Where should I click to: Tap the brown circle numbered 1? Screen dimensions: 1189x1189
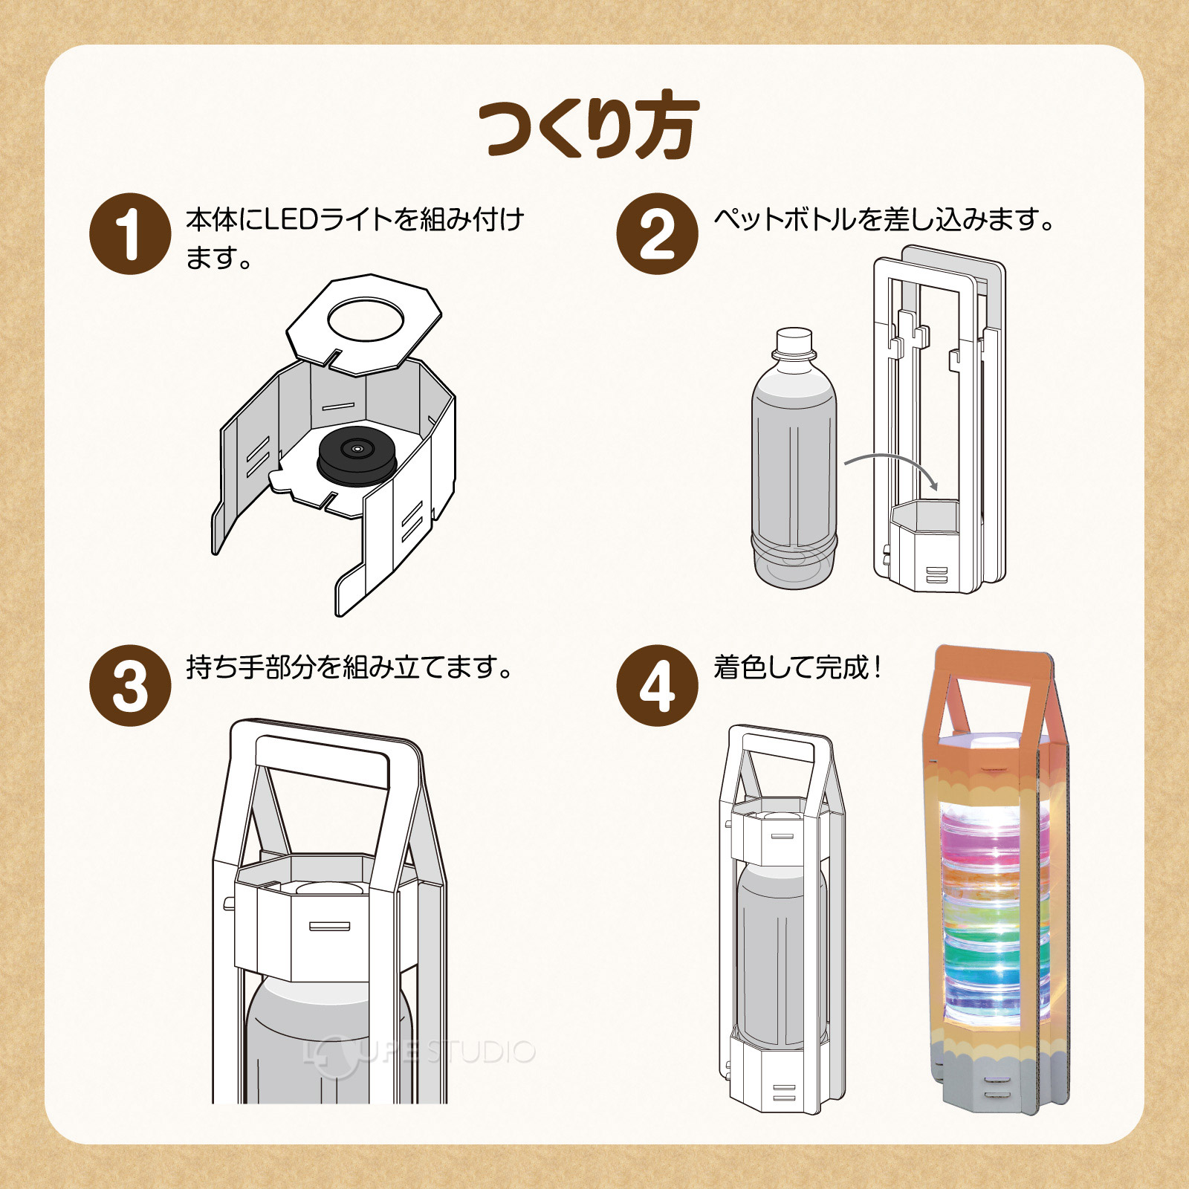coord(130,233)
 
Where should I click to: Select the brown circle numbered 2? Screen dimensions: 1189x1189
coord(657,233)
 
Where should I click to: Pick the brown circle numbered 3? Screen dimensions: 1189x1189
coord(130,685)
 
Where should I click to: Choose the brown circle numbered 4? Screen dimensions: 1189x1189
coord(657,685)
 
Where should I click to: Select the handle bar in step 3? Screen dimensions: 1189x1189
coord(323,759)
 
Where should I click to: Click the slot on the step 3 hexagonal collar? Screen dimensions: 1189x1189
coord(329,926)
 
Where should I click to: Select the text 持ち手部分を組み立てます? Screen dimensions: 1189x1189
coord(349,667)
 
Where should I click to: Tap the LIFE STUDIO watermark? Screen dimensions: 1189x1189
coord(420,1052)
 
